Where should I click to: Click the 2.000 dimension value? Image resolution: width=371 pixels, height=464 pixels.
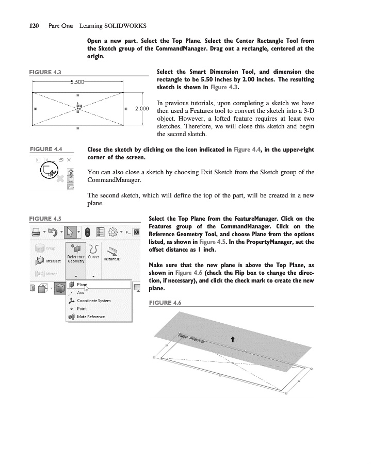[141, 109]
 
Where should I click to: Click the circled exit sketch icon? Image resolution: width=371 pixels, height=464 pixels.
[50, 170]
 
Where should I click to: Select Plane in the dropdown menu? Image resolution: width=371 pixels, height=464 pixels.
[82, 285]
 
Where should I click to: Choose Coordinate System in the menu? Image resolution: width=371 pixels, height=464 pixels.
[93, 301]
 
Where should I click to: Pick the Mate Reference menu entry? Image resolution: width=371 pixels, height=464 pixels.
[90, 317]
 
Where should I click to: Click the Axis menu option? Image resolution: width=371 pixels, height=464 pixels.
[80, 292]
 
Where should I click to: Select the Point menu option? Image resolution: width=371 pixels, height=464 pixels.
[82, 308]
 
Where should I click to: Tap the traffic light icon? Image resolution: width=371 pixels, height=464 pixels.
[87, 232]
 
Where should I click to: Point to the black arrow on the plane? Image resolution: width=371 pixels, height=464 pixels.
[233, 339]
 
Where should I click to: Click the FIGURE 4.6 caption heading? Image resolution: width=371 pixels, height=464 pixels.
[165, 302]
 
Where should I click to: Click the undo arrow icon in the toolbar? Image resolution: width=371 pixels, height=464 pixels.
[53, 232]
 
